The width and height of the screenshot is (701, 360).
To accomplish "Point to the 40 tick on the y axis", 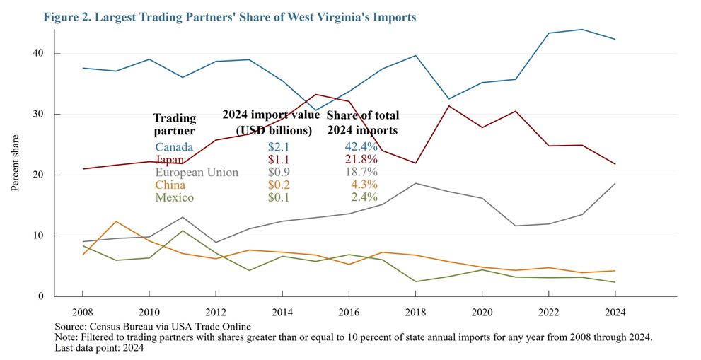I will tap(37, 54).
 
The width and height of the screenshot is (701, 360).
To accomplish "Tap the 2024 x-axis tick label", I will tap(615, 311).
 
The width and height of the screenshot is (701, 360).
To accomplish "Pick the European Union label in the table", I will tap(197, 172).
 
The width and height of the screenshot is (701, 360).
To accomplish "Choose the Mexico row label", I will tap(174, 197).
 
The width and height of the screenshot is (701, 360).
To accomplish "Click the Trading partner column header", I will tap(175, 124).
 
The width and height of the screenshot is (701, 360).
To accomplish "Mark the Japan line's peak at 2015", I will tap(315, 94).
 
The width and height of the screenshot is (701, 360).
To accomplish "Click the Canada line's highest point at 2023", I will tap(581, 29).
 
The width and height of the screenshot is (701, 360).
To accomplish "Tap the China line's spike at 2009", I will tap(116, 221).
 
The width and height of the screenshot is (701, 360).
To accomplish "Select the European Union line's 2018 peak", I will tap(415, 183).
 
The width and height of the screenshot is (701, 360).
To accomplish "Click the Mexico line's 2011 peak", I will tap(183, 231).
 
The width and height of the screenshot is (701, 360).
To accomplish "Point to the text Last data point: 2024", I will tap(99, 348).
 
